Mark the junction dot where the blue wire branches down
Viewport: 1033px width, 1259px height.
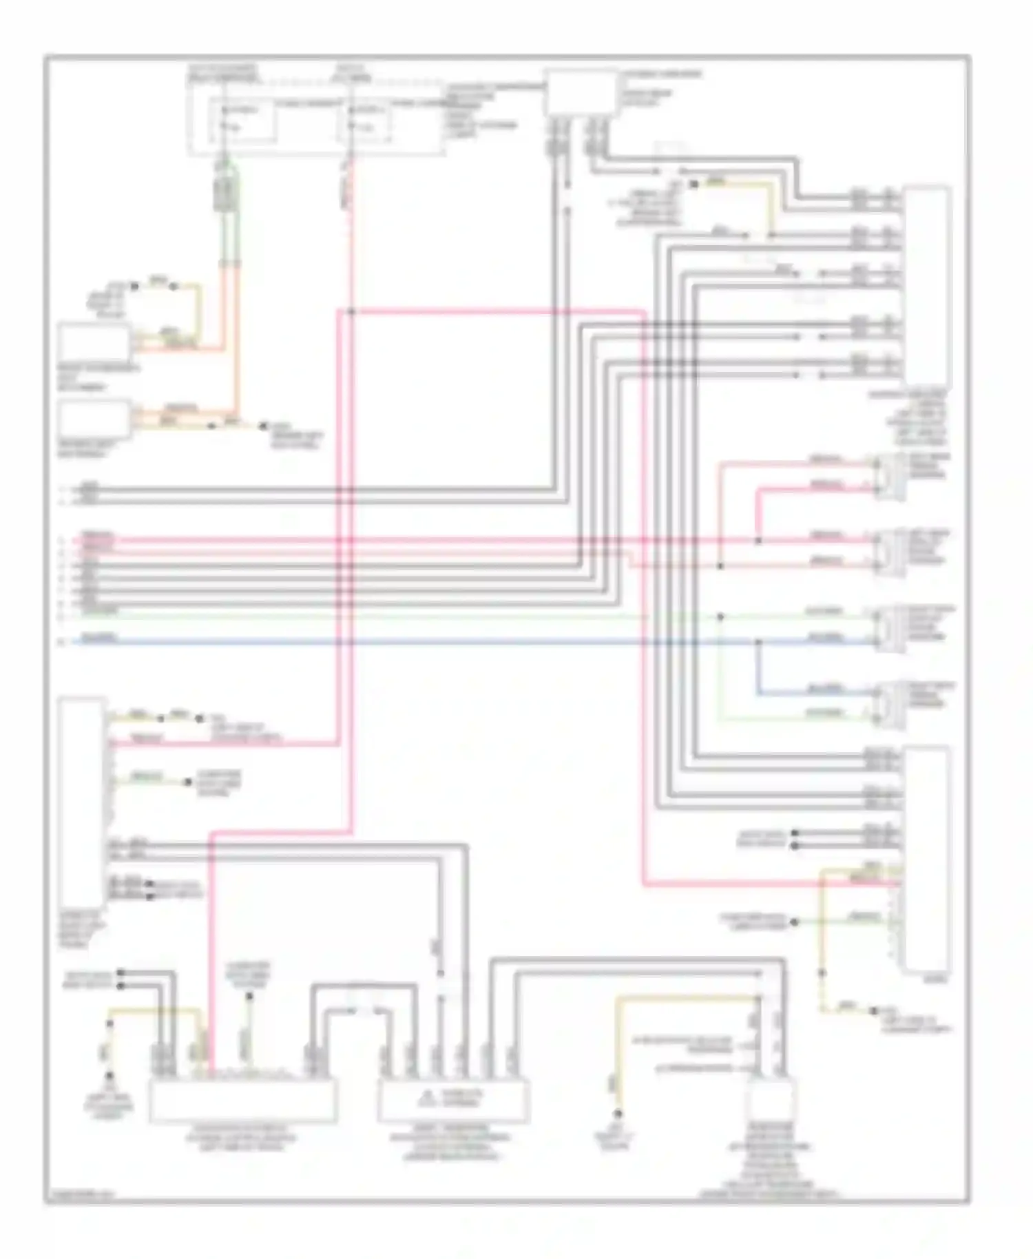click(758, 642)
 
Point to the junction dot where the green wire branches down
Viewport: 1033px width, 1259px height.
click(720, 616)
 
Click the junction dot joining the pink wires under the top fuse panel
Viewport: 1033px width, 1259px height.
click(351, 312)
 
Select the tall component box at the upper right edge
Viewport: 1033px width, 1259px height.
click(927, 286)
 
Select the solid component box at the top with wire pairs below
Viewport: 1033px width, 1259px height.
click(580, 92)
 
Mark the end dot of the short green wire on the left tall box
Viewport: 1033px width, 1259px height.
click(187, 782)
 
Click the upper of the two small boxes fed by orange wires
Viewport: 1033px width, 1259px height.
click(94, 342)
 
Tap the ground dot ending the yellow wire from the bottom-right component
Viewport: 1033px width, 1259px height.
click(618, 1114)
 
